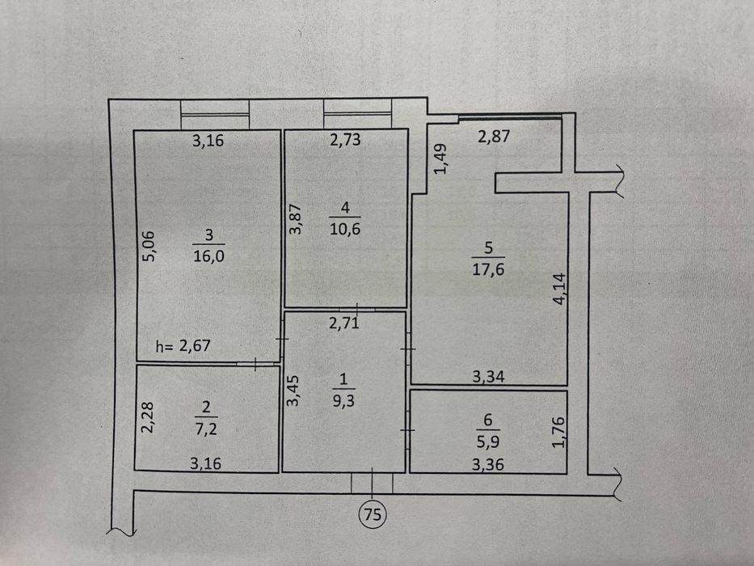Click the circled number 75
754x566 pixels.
pos(373,514)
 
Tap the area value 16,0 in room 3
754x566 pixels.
pos(209,256)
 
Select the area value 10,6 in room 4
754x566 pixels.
pos(345,229)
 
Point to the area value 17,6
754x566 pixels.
pos(488,269)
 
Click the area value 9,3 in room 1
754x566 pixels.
pos(343,400)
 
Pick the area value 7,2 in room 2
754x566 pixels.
pos(206,429)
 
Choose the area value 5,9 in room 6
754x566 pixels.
pos(487,441)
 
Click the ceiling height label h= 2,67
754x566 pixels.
pos(183,345)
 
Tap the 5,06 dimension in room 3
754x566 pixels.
pos(150,247)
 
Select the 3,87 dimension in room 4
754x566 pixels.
pos(296,219)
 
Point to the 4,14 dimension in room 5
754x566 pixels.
pos(560,289)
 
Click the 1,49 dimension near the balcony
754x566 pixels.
pos(440,158)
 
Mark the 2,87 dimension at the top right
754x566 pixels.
pos(494,136)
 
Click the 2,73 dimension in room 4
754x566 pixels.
pos(345,140)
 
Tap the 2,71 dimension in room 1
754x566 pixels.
pos(344,323)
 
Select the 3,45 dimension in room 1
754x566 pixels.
pos(293,391)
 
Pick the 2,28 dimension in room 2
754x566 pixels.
pos(147,417)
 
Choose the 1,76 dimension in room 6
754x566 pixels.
pos(558,433)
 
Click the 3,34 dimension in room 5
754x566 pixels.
pos(489,376)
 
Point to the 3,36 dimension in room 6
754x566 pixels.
pos(488,464)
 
